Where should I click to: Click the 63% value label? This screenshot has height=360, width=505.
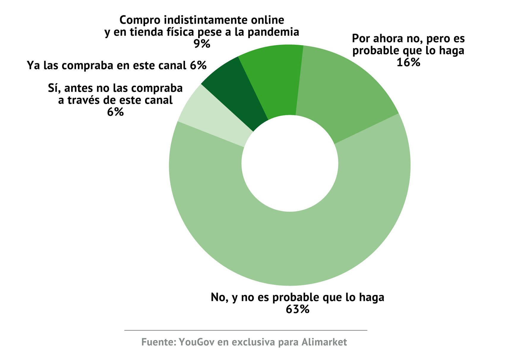point(297,310)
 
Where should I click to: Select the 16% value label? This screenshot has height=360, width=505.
point(408,62)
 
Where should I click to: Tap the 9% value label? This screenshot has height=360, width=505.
point(202,44)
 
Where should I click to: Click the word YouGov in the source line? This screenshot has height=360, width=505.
point(196,342)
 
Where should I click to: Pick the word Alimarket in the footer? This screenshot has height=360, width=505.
point(324,342)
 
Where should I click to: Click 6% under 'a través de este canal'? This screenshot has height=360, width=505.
point(115,112)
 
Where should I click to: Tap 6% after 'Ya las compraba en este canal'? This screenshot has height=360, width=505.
point(198,65)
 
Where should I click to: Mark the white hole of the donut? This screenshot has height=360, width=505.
point(290,163)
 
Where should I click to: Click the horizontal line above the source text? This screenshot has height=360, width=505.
point(246,330)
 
